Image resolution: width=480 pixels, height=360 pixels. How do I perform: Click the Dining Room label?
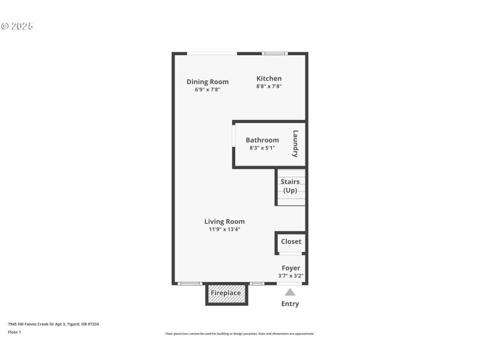(x=207, y=82)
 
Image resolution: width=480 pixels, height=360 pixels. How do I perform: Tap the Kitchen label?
(x=269, y=79)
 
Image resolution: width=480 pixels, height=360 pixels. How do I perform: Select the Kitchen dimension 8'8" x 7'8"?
(x=269, y=86)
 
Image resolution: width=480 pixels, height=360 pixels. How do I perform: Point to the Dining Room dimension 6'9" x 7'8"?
(x=207, y=89)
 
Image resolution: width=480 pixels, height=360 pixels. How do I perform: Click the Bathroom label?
(x=262, y=140)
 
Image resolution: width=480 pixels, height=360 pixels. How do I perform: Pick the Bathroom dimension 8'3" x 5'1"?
(x=262, y=148)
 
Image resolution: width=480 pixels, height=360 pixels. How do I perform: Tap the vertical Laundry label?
(x=295, y=144)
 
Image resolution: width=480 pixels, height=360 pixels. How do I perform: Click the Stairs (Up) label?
(x=290, y=186)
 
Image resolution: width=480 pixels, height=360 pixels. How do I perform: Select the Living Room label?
(x=224, y=221)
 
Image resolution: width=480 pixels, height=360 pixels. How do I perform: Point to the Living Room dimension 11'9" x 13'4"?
(x=224, y=229)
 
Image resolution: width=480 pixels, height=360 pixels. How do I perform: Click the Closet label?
(x=291, y=242)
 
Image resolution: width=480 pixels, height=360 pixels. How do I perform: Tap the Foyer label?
(x=291, y=268)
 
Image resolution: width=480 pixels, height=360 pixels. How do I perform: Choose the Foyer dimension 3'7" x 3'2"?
(x=291, y=276)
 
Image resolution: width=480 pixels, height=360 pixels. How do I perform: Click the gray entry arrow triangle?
(x=290, y=292)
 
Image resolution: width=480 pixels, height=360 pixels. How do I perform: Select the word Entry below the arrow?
(x=290, y=304)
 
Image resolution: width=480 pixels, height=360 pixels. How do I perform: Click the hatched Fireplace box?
(x=226, y=294)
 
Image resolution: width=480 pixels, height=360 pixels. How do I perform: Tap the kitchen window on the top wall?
(x=275, y=53)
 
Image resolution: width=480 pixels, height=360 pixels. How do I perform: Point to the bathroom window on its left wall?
(x=233, y=144)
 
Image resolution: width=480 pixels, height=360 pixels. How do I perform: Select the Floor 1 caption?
(x=14, y=332)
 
